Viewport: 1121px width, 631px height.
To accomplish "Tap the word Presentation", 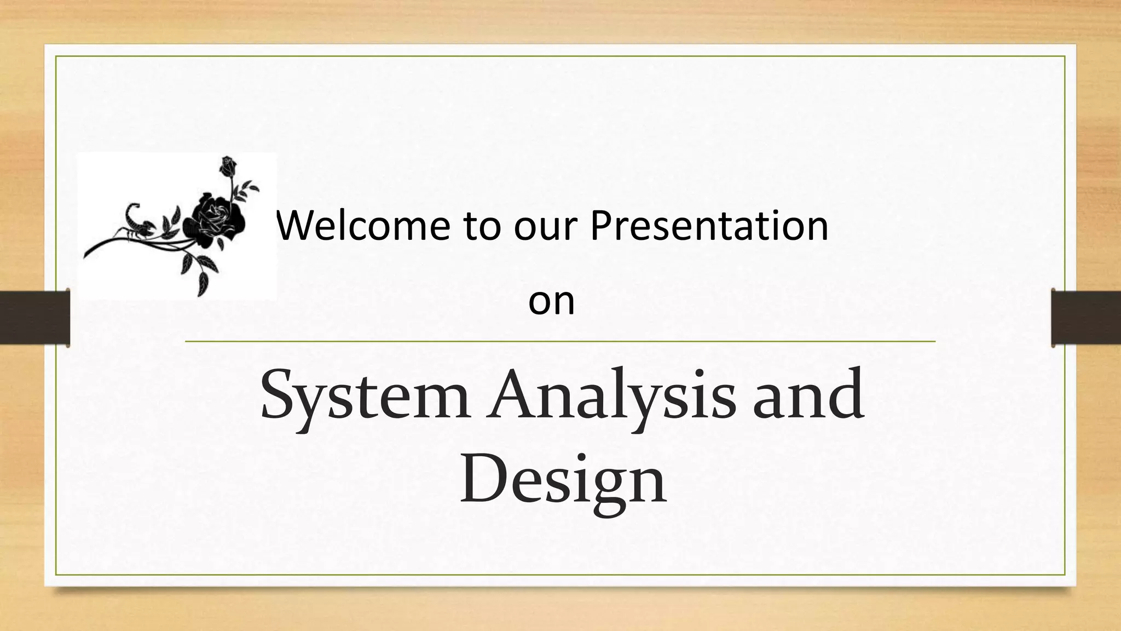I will point(709,226).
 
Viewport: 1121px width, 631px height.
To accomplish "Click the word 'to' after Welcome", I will point(482,227).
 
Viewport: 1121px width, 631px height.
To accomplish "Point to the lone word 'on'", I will point(551,302).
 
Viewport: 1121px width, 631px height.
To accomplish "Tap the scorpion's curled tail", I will point(132,210).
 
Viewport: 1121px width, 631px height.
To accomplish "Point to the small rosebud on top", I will point(228,165).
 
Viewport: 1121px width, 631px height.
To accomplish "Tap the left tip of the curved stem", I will point(86,255).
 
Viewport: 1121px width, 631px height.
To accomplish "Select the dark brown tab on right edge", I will point(1086,318).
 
